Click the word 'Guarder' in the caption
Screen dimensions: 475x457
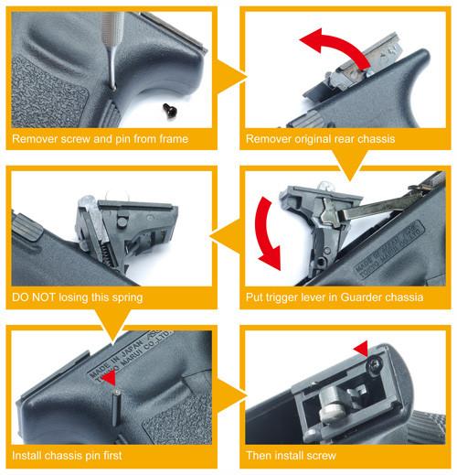357,297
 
